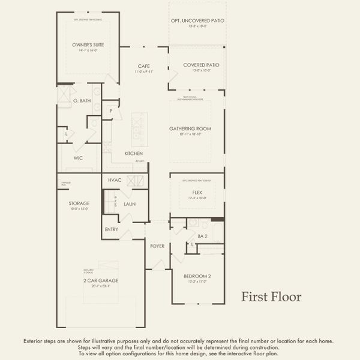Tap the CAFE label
coord(143,66)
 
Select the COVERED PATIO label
coord(196,65)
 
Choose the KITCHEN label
coord(133,154)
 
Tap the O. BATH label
coord(82,101)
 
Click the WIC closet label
coord(78,158)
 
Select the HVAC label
coord(115,180)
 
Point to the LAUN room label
coord(130,204)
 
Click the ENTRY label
coord(112,229)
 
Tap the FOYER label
coord(157,246)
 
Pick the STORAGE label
coord(79,203)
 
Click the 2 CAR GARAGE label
coord(100,281)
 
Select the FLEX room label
coord(197,193)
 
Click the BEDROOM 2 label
coord(197,276)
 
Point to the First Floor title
coord(271,297)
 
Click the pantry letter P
coord(111,110)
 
